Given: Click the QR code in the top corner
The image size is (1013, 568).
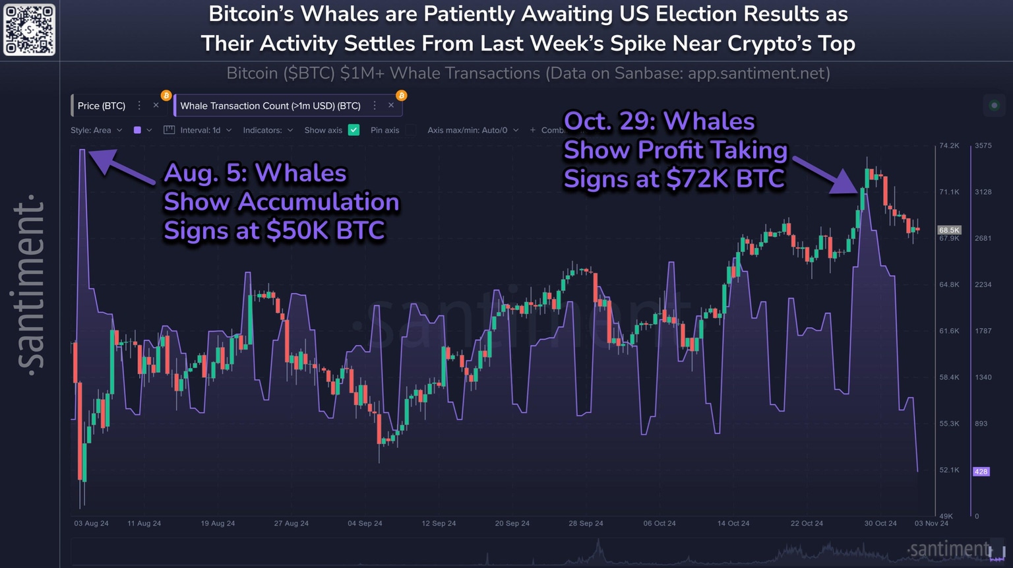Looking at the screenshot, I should click(29, 30).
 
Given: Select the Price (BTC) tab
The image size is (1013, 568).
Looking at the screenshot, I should click(102, 106).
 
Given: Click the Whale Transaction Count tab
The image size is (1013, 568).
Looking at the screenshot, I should click(270, 106).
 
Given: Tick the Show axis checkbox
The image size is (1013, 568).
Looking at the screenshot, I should click(353, 130).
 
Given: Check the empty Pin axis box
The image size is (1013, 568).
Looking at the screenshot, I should click(411, 130).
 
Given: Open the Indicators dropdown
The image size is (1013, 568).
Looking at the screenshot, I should click(268, 130).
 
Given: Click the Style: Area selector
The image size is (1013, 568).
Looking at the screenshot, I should click(96, 130).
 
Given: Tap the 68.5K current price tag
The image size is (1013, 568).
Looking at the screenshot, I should click(949, 230).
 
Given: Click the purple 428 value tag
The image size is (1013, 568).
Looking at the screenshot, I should click(981, 472).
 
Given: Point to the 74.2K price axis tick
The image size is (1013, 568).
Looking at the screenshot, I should click(949, 146).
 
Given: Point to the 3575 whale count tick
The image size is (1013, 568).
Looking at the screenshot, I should click(983, 146).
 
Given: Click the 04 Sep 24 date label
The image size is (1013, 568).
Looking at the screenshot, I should click(365, 523).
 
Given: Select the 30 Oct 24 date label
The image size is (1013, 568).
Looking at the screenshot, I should click(880, 523).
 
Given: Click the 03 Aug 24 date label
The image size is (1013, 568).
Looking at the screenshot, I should click(91, 523).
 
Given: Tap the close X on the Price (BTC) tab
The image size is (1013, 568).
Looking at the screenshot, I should click(156, 106).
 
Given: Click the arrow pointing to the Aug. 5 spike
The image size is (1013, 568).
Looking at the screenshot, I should click(122, 167).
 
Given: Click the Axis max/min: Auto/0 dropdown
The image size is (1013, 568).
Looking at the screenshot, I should click(472, 130).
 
